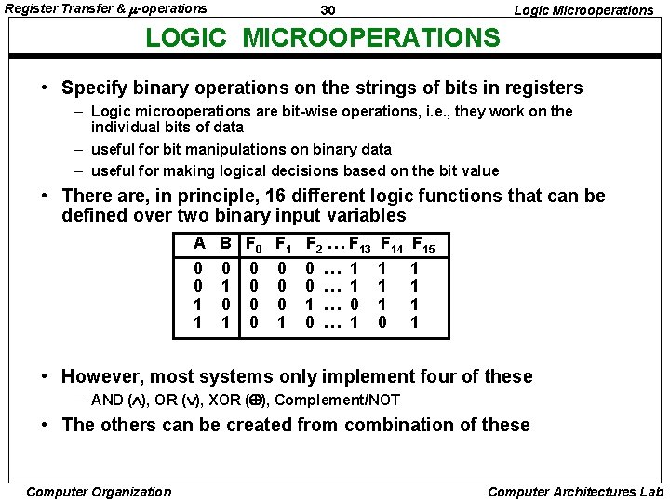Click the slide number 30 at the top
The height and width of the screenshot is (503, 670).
point(327,9)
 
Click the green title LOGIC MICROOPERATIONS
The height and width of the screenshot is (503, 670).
point(323,37)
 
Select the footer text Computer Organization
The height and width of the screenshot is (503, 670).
point(99,492)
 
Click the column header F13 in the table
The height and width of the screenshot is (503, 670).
point(361,246)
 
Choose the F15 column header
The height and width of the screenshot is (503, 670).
point(422,246)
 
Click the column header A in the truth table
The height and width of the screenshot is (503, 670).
point(199,244)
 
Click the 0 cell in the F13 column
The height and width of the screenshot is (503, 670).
point(354,304)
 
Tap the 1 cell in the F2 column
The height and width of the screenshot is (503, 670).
point(311,304)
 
